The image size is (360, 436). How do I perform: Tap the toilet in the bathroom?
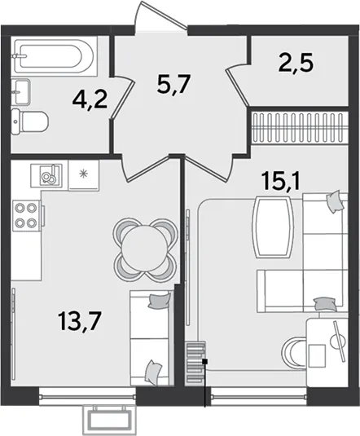click(30, 121)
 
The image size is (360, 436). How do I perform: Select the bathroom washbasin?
click(20, 92)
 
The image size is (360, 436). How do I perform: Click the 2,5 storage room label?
click(296, 64)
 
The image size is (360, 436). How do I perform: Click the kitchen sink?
click(46, 175)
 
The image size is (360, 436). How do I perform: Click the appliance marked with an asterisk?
click(84, 175)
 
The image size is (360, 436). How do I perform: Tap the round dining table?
click(145, 249)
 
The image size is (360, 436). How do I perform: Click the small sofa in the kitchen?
click(151, 338)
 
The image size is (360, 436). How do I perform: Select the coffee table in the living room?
click(273, 227)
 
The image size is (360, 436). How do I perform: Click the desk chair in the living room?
click(293, 351)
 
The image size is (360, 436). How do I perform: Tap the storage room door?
click(237, 83)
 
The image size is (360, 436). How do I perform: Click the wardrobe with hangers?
click(300, 127)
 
